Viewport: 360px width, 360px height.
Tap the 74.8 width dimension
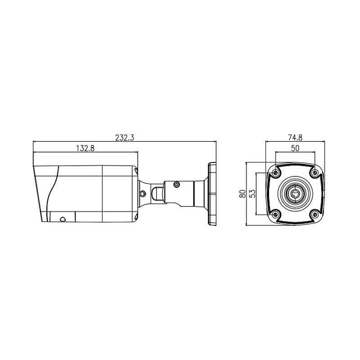[x=295, y=138]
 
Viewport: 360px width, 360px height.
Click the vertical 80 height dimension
[x=243, y=194]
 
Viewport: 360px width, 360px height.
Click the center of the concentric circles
[x=295, y=193]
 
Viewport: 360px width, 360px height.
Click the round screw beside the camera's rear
[x=142, y=193]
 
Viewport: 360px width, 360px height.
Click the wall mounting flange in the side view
[x=212, y=193]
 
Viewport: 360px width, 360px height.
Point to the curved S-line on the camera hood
[x=54, y=189]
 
